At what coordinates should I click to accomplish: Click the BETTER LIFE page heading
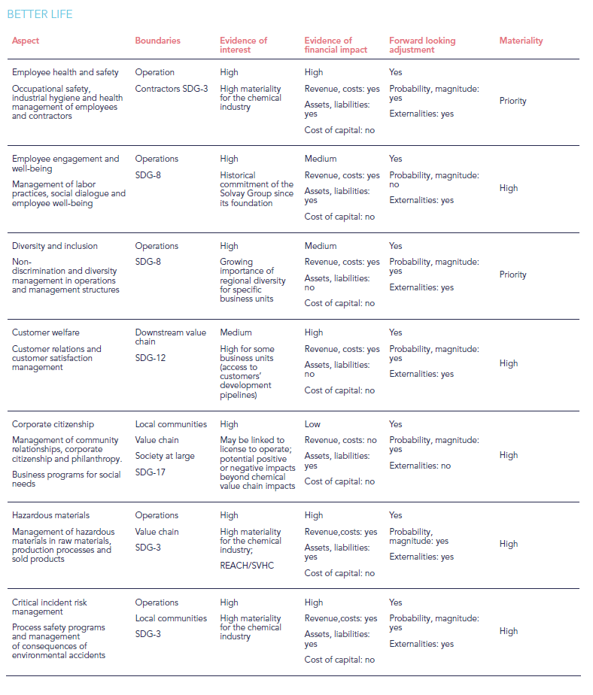click(40, 14)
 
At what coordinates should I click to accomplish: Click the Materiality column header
click(521, 41)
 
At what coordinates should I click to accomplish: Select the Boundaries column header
click(157, 41)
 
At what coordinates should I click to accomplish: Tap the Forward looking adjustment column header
click(422, 45)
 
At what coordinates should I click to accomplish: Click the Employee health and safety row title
click(65, 72)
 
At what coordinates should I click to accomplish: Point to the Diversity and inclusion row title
click(55, 246)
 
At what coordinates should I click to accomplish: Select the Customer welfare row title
click(46, 332)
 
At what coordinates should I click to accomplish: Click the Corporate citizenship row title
click(53, 424)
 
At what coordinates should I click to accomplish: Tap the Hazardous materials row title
click(50, 515)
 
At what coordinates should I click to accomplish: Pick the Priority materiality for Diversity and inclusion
click(512, 275)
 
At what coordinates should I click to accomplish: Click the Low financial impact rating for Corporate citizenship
click(313, 424)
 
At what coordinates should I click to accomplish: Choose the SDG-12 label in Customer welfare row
click(151, 358)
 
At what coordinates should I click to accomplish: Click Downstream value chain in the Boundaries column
click(169, 337)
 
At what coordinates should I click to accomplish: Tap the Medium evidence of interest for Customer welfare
click(236, 332)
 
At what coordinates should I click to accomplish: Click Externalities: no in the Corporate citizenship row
click(420, 466)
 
